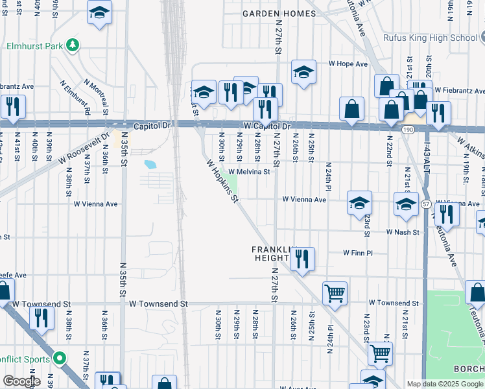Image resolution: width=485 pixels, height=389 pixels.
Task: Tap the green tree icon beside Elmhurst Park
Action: pyautogui.click(x=74, y=45)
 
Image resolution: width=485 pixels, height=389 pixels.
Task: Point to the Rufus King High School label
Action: pyautogui.click(x=429, y=38)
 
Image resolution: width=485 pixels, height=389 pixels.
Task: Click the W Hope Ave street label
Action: pyautogui.click(x=348, y=64)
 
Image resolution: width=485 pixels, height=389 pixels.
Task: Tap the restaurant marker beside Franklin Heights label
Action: pyautogui.click(x=302, y=259)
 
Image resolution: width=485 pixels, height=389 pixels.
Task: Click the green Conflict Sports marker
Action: pyautogui.click(x=60, y=357)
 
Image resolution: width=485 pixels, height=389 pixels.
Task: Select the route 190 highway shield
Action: pyautogui.click(x=407, y=130)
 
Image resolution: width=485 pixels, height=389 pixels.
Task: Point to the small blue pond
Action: pyautogui.click(x=150, y=165)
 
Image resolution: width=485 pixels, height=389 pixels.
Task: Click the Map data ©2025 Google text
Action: pyautogui.click(x=445, y=384)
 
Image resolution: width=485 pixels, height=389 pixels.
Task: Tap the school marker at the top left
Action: pyautogui.click(x=99, y=13)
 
